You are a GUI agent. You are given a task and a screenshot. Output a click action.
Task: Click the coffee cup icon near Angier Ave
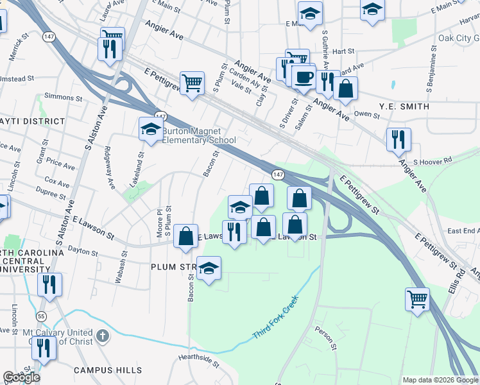click(304, 77)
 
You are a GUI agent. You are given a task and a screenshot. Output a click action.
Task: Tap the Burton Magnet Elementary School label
click(198, 136)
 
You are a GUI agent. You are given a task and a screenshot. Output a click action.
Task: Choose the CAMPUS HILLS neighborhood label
click(107, 370)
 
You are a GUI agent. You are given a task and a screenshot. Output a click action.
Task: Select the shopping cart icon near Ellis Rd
click(418, 299)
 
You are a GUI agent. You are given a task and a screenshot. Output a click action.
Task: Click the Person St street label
click(325, 338)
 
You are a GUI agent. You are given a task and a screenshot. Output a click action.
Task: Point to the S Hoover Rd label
click(433, 162)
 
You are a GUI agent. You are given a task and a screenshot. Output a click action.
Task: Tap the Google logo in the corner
click(21, 377)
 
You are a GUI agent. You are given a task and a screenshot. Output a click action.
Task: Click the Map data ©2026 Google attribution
click(440, 380)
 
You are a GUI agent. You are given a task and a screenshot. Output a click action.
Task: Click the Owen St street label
click(368, 114)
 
